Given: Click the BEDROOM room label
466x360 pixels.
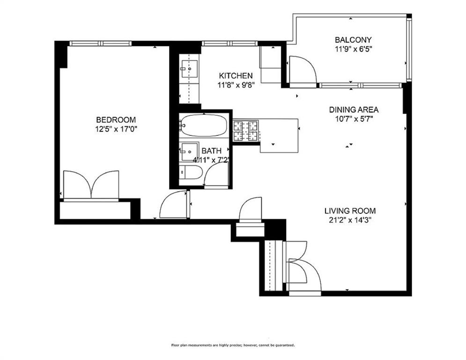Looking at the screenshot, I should point(116,120).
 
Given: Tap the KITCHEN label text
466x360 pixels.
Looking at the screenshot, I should point(236,75).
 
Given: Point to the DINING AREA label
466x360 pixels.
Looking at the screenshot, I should point(354,110).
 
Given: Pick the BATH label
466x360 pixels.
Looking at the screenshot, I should point(211,151).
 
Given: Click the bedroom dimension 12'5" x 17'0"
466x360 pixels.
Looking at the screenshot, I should point(116,128).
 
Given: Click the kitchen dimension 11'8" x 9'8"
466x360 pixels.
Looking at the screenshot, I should point(236,85).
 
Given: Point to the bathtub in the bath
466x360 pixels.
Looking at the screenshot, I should point(204,125).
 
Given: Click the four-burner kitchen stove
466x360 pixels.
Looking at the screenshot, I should point(246,131).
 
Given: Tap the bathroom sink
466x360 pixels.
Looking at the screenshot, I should point(190,152).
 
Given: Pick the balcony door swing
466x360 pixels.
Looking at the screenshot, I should point(302,70).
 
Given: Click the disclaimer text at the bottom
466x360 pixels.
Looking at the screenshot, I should point(233,345).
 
